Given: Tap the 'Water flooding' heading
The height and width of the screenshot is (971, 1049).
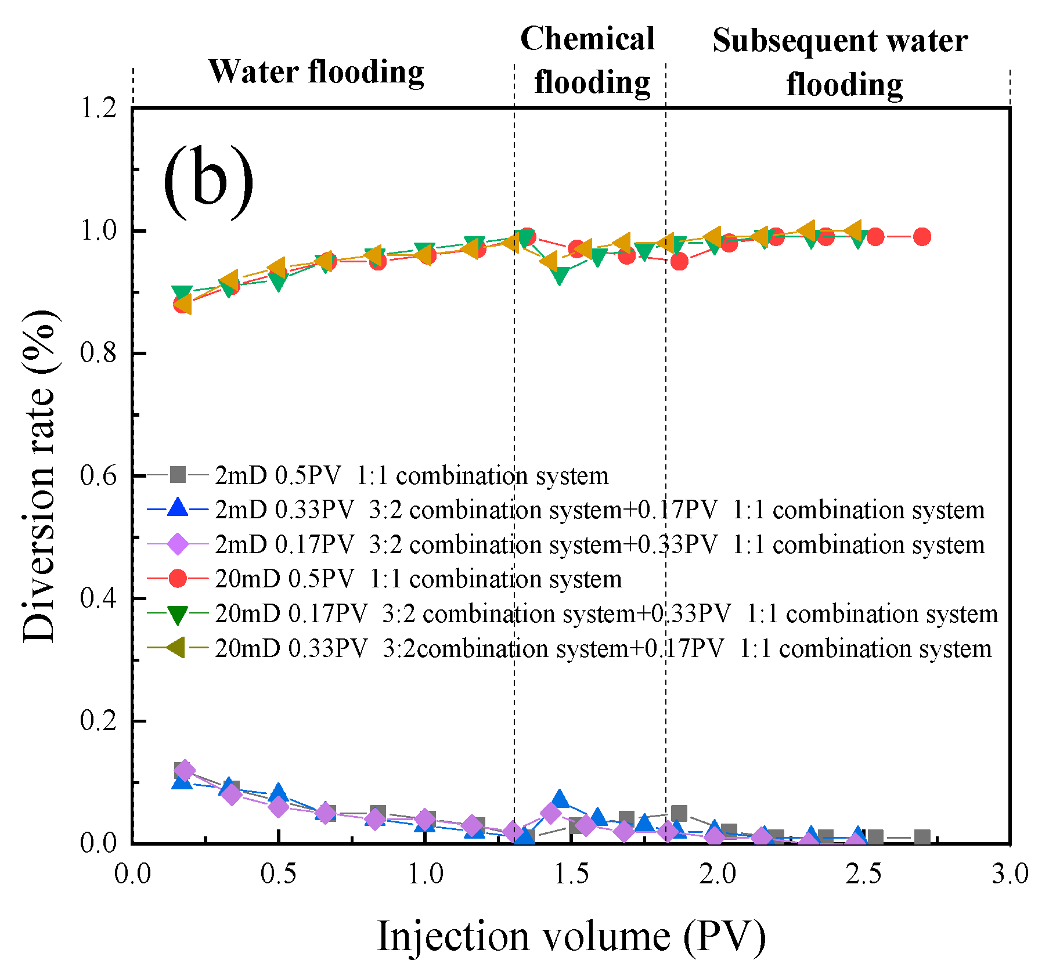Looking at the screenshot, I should tap(316, 72).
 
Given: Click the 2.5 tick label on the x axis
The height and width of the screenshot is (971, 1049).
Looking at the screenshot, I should tap(863, 873).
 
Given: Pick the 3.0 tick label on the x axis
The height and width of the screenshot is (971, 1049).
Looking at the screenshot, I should tap(1010, 873).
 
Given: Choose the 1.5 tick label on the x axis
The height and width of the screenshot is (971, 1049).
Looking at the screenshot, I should tap(571, 873).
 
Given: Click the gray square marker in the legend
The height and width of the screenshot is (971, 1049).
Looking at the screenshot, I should tap(178, 475).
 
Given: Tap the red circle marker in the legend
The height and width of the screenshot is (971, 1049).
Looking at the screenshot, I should tap(178, 578).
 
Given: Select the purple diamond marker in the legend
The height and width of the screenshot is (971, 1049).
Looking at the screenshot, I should tap(178, 544).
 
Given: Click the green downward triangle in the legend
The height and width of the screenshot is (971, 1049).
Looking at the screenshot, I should tap(178, 614).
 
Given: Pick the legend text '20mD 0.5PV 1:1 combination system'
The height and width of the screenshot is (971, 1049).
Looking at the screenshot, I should tap(418, 579).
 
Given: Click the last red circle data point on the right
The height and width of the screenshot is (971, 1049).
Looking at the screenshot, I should tap(922, 236).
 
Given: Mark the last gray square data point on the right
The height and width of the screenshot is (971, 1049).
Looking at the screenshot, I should tap(922, 838).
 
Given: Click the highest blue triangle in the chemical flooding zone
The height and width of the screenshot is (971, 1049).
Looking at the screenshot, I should tap(560, 799).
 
